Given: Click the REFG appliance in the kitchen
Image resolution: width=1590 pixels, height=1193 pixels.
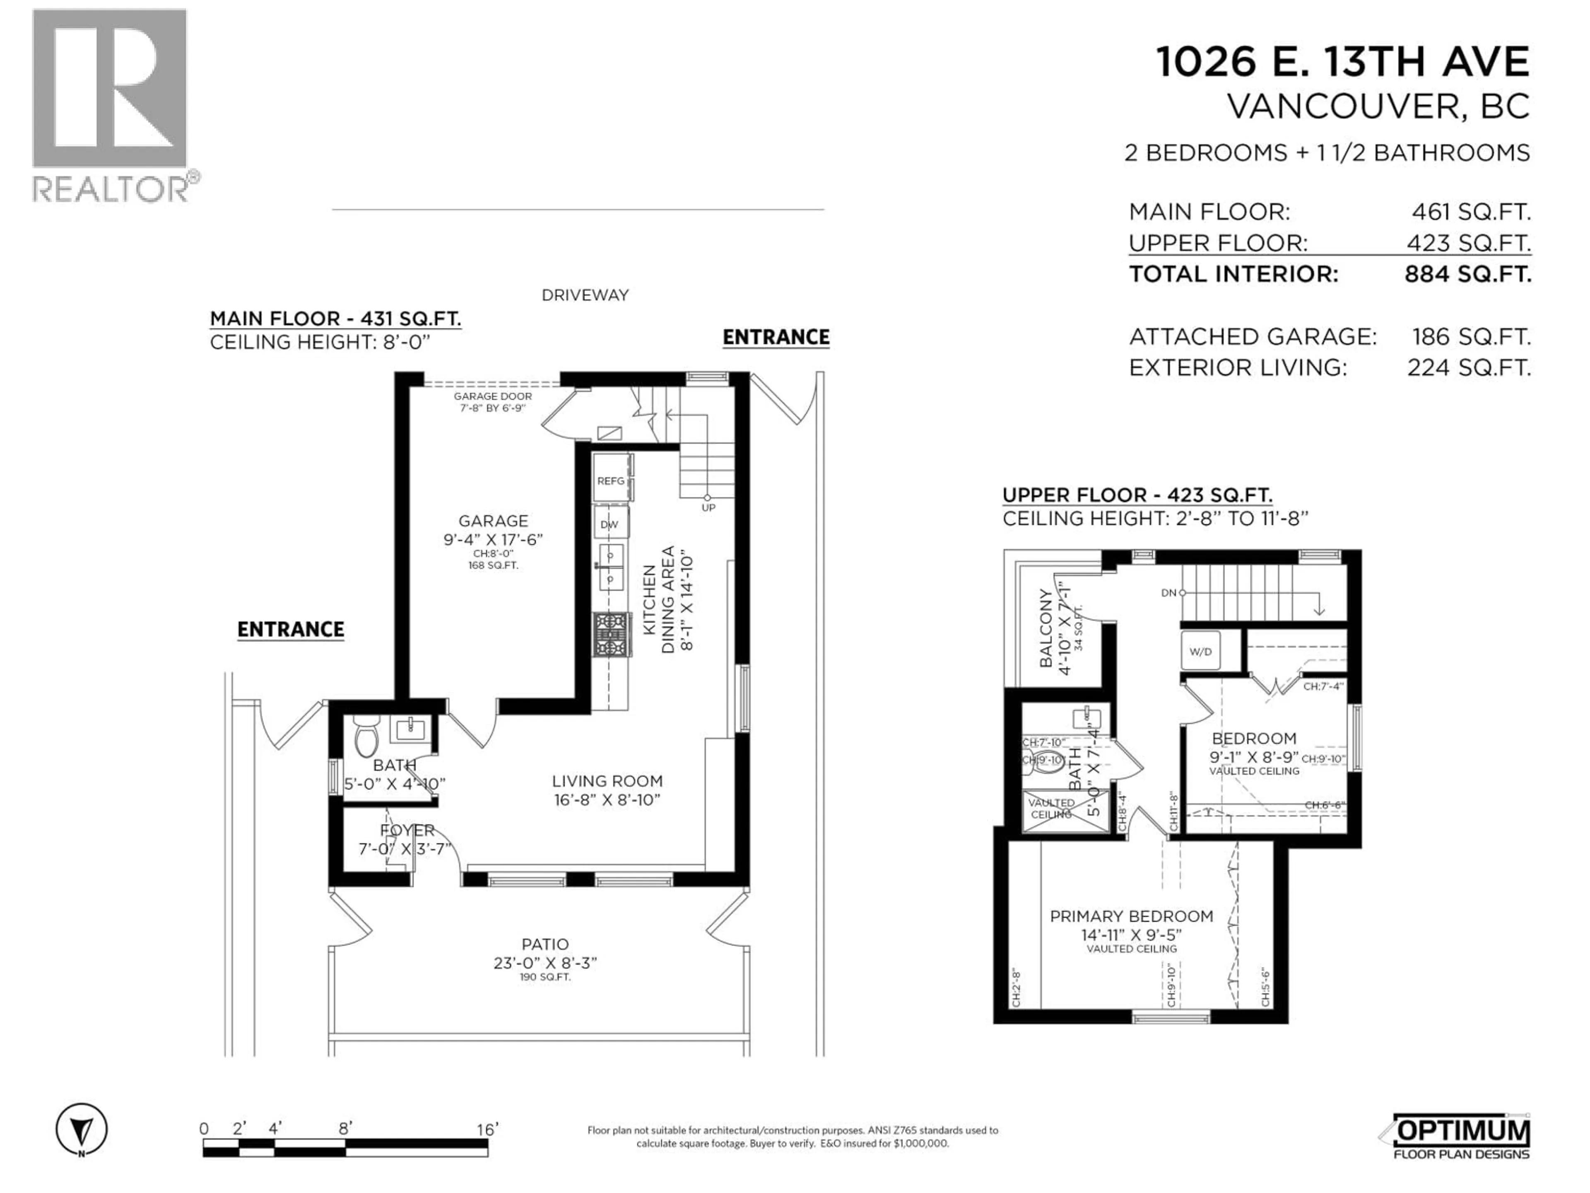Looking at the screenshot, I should click(611, 481).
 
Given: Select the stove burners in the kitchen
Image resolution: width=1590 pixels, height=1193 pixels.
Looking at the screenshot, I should click(611, 634).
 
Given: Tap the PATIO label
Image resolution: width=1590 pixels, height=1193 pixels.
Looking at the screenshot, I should click(545, 944).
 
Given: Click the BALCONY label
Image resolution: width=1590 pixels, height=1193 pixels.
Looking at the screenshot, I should click(1046, 628).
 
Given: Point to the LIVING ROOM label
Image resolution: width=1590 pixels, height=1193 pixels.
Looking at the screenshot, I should click(607, 781).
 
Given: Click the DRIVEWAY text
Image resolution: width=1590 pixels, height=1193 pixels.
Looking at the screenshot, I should click(585, 295).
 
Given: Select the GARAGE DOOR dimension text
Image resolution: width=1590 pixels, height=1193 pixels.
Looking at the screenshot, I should click(492, 402).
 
